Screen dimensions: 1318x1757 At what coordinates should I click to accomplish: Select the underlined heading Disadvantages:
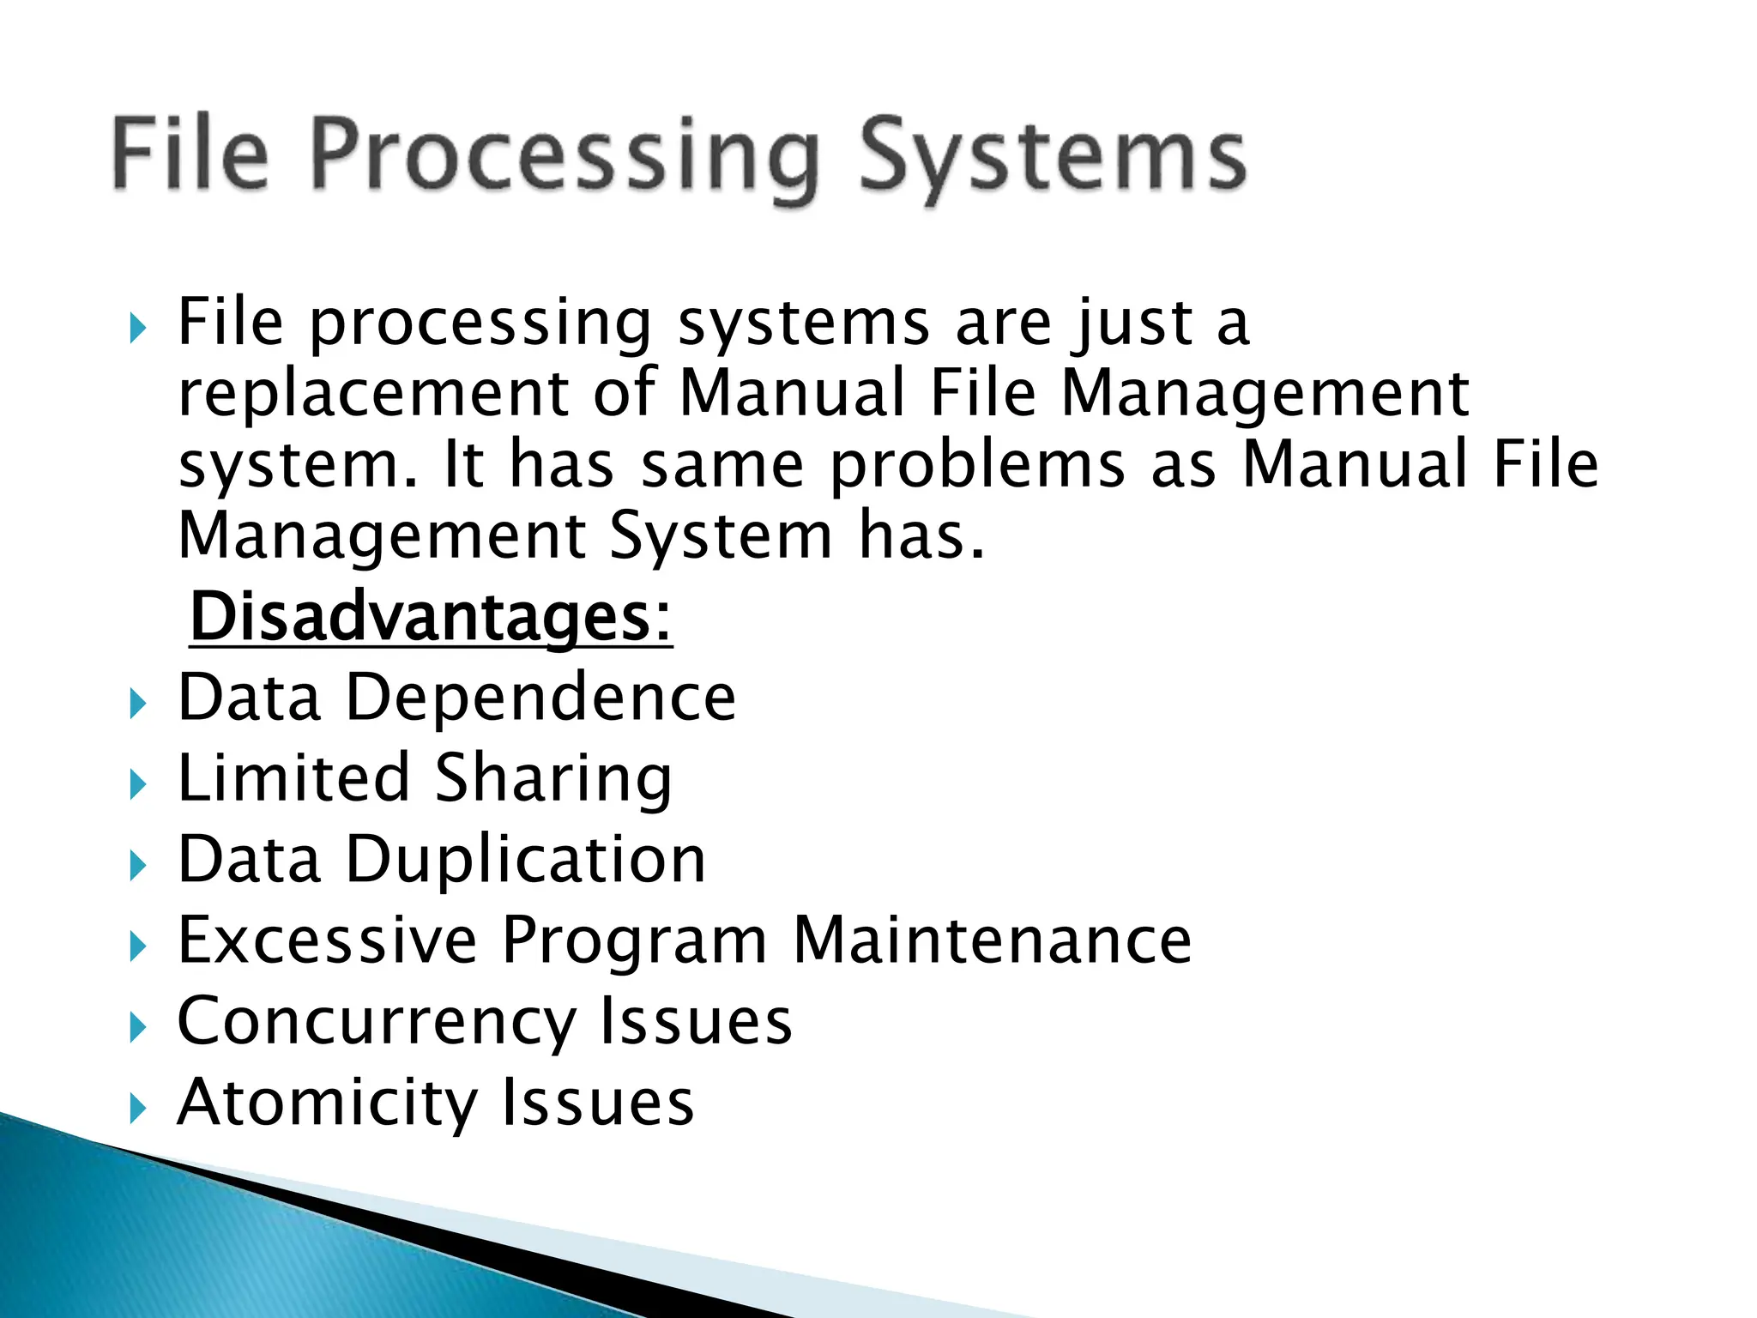click(431, 617)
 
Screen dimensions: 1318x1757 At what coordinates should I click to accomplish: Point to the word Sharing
click(553, 778)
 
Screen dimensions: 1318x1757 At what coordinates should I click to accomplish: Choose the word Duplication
click(526, 860)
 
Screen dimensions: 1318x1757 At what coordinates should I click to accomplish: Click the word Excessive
click(327, 940)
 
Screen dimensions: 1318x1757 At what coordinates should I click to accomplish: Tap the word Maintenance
click(992, 940)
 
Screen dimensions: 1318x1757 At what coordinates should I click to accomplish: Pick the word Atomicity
click(327, 1103)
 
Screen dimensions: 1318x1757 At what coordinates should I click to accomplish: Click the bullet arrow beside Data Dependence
click(137, 705)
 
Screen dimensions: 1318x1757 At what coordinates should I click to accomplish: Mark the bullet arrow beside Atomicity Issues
click(137, 1109)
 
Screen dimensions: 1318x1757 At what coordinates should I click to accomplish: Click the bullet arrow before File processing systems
click(137, 329)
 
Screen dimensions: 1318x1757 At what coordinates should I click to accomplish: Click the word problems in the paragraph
click(977, 465)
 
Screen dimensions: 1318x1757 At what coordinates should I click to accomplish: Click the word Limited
click(293, 778)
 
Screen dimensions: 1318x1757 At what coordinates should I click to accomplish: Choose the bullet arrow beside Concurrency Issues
click(137, 1028)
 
